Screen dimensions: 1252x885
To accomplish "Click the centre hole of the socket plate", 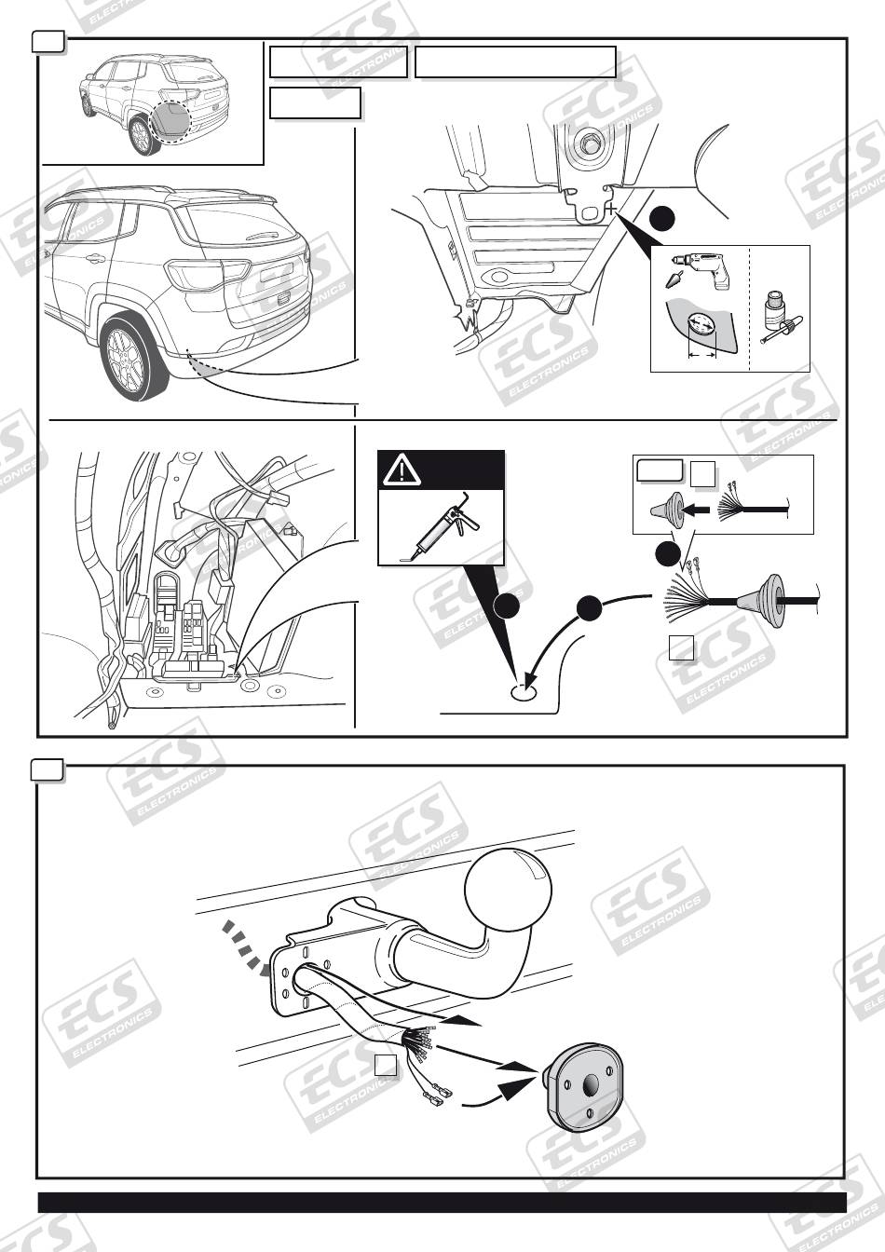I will [x=592, y=1086].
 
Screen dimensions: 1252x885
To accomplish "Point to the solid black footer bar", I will [x=442, y=1203].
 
